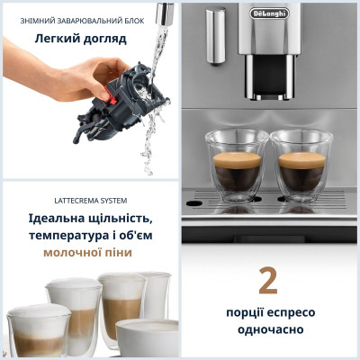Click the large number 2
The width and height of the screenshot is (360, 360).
[267, 280]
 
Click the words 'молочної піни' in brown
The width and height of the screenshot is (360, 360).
[88, 253]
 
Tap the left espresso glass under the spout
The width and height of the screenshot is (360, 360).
[232, 163]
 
